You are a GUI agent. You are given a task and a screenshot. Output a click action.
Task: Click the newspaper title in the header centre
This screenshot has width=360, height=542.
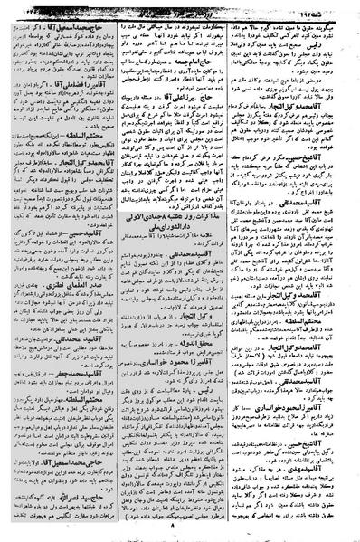(181, 7)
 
